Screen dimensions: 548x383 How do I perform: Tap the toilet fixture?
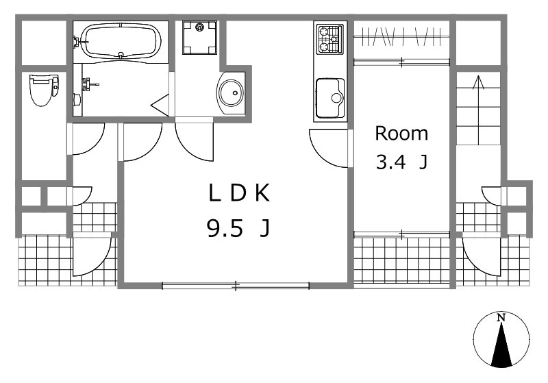45,90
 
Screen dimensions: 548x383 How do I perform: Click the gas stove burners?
329,40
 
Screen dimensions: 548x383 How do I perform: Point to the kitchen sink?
330,98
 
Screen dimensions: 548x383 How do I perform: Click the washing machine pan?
199,37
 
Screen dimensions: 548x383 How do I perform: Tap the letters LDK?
239,193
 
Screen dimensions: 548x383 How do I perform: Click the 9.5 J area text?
238,228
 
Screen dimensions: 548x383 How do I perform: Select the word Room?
401,134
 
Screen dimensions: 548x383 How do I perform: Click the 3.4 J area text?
401,162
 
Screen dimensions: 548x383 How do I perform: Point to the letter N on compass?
501,318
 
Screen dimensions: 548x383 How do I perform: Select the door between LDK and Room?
329,148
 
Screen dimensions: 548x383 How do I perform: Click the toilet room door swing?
88,138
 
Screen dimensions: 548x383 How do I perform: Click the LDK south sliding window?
236,286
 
